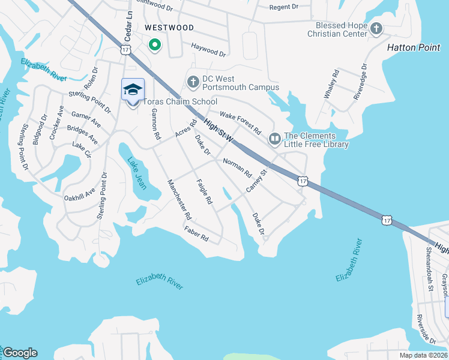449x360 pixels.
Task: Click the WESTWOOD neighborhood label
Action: point(169,28)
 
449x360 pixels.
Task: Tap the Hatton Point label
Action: point(414,47)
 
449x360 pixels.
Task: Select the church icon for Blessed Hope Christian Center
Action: point(376,28)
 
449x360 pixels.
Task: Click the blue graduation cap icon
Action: point(133,90)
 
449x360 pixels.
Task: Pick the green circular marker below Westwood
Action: point(154,45)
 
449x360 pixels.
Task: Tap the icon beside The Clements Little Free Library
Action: point(275,139)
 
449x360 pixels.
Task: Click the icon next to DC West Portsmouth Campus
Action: point(193,81)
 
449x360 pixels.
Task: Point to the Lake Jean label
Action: point(136,173)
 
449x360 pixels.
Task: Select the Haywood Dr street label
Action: point(208,50)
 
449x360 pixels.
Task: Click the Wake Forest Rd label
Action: point(240,122)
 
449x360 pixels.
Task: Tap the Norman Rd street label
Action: point(237,167)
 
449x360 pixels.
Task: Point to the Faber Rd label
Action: point(196,234)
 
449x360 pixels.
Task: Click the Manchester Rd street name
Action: point(179,199)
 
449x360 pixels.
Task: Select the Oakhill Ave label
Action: point(80,195)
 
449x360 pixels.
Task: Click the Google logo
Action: point(20,353)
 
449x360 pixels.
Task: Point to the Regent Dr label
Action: point(284,7)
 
